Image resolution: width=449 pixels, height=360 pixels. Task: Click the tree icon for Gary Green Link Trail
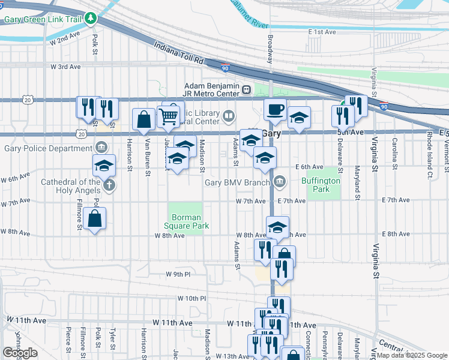pyautogui.click(x=91, y=19)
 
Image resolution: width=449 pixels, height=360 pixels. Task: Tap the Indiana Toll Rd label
pyautogui.click(x=179, y=54)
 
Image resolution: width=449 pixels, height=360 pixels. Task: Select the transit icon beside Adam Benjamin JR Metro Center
pyautogui.click(x=246, y=90)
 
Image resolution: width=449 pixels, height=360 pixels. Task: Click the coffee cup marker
pyautogui.click(x=275, y=110)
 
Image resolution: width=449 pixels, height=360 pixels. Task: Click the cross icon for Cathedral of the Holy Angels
pyautogui.click(x=109, y=185)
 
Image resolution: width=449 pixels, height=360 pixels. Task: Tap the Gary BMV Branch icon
pyautogui.click(x=280, y=182)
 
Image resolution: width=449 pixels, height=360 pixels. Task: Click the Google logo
pyautogui.click(x=20, y=353)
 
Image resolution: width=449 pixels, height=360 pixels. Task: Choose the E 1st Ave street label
pyautogui.click(x=324, y=31)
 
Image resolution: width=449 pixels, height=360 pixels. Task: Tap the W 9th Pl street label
pyautogui.click(x=178, y=274)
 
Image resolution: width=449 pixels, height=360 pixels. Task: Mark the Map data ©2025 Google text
pyautogui.click(x=412, y=355)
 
